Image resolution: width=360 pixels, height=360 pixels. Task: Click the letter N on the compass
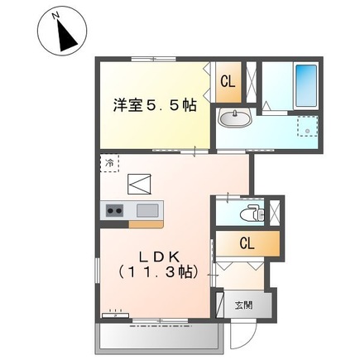pyautogui.click(x=56, y=16)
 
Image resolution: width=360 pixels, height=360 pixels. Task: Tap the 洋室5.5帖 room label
pyautogui.click(x=155, y=105)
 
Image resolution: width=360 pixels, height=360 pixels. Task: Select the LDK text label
pyautogui.click(x=159, y=257)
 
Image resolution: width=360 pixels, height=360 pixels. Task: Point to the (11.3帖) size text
pyautogui.click(x=158, y=272)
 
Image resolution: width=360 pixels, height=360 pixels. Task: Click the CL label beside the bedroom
pyautogui.click(x=228, y=82)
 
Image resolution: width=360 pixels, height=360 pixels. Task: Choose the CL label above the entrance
pyautogui.click(x=247, y=243)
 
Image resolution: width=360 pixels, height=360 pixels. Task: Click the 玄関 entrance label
pyautogui.click(x=244, y=305)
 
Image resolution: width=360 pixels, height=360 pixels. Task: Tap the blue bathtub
pyautogui.click(x=306, y=86)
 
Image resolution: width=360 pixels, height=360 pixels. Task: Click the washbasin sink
pyautogui.click(x=234, y=118)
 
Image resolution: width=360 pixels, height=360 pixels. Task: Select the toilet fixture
pyautogui.click(x=252, y=213)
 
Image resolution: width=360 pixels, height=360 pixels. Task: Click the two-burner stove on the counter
pyautogui.click(x=115, y=211)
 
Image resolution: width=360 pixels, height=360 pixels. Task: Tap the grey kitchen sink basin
pyautogui.click(x=147, y=210)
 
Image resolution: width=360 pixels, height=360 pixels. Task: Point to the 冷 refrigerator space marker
pyautogui.click(x=109, y=163)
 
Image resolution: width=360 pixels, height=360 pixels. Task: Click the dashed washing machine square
pyautogui.click(x=308, y=126)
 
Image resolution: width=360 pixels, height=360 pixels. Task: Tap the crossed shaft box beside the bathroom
pyautogui.click(x=251, y=83)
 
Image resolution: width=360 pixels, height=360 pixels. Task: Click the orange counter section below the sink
pyautogui.click(x=146, y=224)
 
